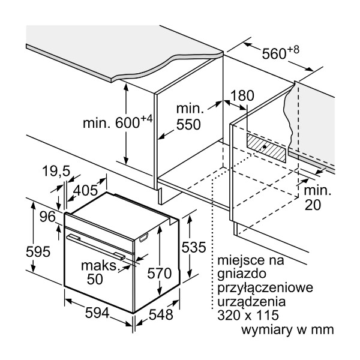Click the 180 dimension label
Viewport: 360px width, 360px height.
point(242,96)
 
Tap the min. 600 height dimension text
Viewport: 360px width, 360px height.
point(118,122)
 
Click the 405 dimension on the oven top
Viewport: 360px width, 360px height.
point(86,191)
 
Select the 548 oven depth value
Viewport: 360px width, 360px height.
point(160,314)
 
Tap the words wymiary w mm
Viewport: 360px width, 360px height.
point(287,329)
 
